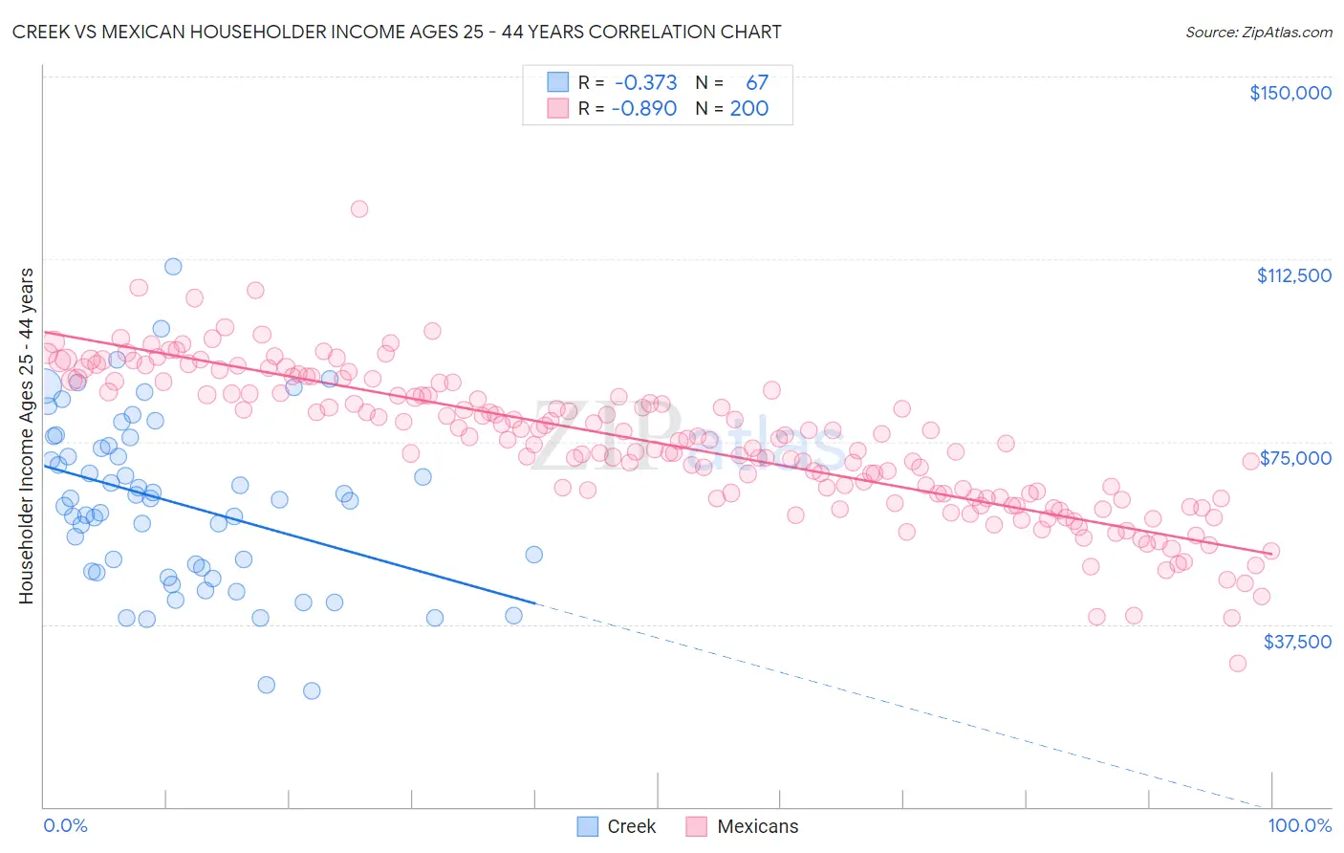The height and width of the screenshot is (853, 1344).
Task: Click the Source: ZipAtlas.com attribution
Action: tap(1258, 32)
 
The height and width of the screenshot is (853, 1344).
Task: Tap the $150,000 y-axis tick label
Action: tap(1290, 93)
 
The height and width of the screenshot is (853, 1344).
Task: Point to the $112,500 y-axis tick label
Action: tap(1293, 275)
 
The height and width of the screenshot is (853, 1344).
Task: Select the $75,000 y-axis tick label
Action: tap(1295, 458)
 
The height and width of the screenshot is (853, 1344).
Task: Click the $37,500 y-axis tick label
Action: tap(1296, 642)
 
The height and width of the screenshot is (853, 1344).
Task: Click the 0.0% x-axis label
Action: tap(65, 825)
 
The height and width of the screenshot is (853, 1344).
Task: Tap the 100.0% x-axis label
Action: tap(1299, 825)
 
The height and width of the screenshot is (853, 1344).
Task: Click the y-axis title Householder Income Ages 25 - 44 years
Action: tap(26, 435)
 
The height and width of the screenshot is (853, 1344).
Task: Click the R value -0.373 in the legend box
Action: tap(645, 82)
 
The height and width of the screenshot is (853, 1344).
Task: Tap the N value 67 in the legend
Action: tap(756, 82)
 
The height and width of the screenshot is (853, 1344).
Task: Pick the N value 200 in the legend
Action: tap(748, 108)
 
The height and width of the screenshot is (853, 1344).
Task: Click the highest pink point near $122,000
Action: tap(359, 208)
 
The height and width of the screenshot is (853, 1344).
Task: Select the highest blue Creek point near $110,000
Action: tap(173, 267)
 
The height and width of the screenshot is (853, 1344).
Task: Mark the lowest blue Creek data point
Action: tap(312, 690)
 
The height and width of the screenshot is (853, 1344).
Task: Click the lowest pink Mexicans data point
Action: tap(1238, 663)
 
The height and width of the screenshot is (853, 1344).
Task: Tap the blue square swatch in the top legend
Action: tap(557, 82)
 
